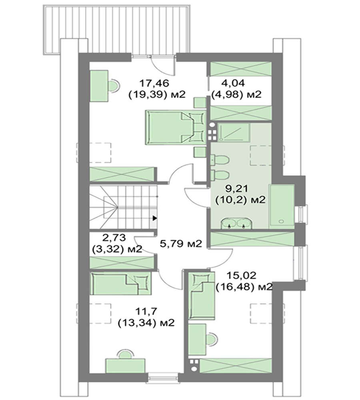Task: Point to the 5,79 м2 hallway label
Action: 181,244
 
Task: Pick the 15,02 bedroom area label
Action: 241,276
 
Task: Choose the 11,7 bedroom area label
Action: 146,312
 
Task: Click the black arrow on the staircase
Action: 155,218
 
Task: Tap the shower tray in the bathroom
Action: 234,132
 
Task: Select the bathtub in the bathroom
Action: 282,206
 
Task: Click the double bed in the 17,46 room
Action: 176,127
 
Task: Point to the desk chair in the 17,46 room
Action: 113,86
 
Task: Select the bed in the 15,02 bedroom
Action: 201,296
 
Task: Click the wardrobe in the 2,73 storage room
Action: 122,262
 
